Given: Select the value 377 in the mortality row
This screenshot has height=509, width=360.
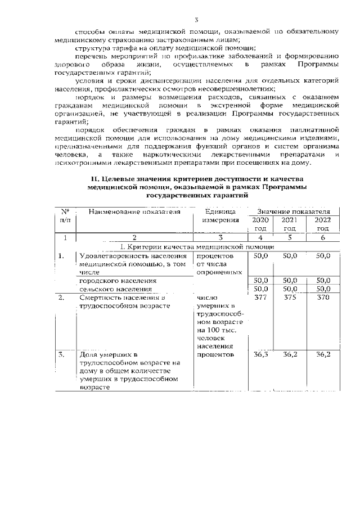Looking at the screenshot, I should (x=260, y=298).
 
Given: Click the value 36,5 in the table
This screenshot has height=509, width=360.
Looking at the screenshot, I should (x=260, y=355).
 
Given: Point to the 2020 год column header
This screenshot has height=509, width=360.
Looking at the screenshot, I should (x=260, y=224).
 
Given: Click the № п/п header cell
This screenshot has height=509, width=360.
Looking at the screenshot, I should (x=65, y=216).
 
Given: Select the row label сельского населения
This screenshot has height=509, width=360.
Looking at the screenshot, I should (x=115, y=289).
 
